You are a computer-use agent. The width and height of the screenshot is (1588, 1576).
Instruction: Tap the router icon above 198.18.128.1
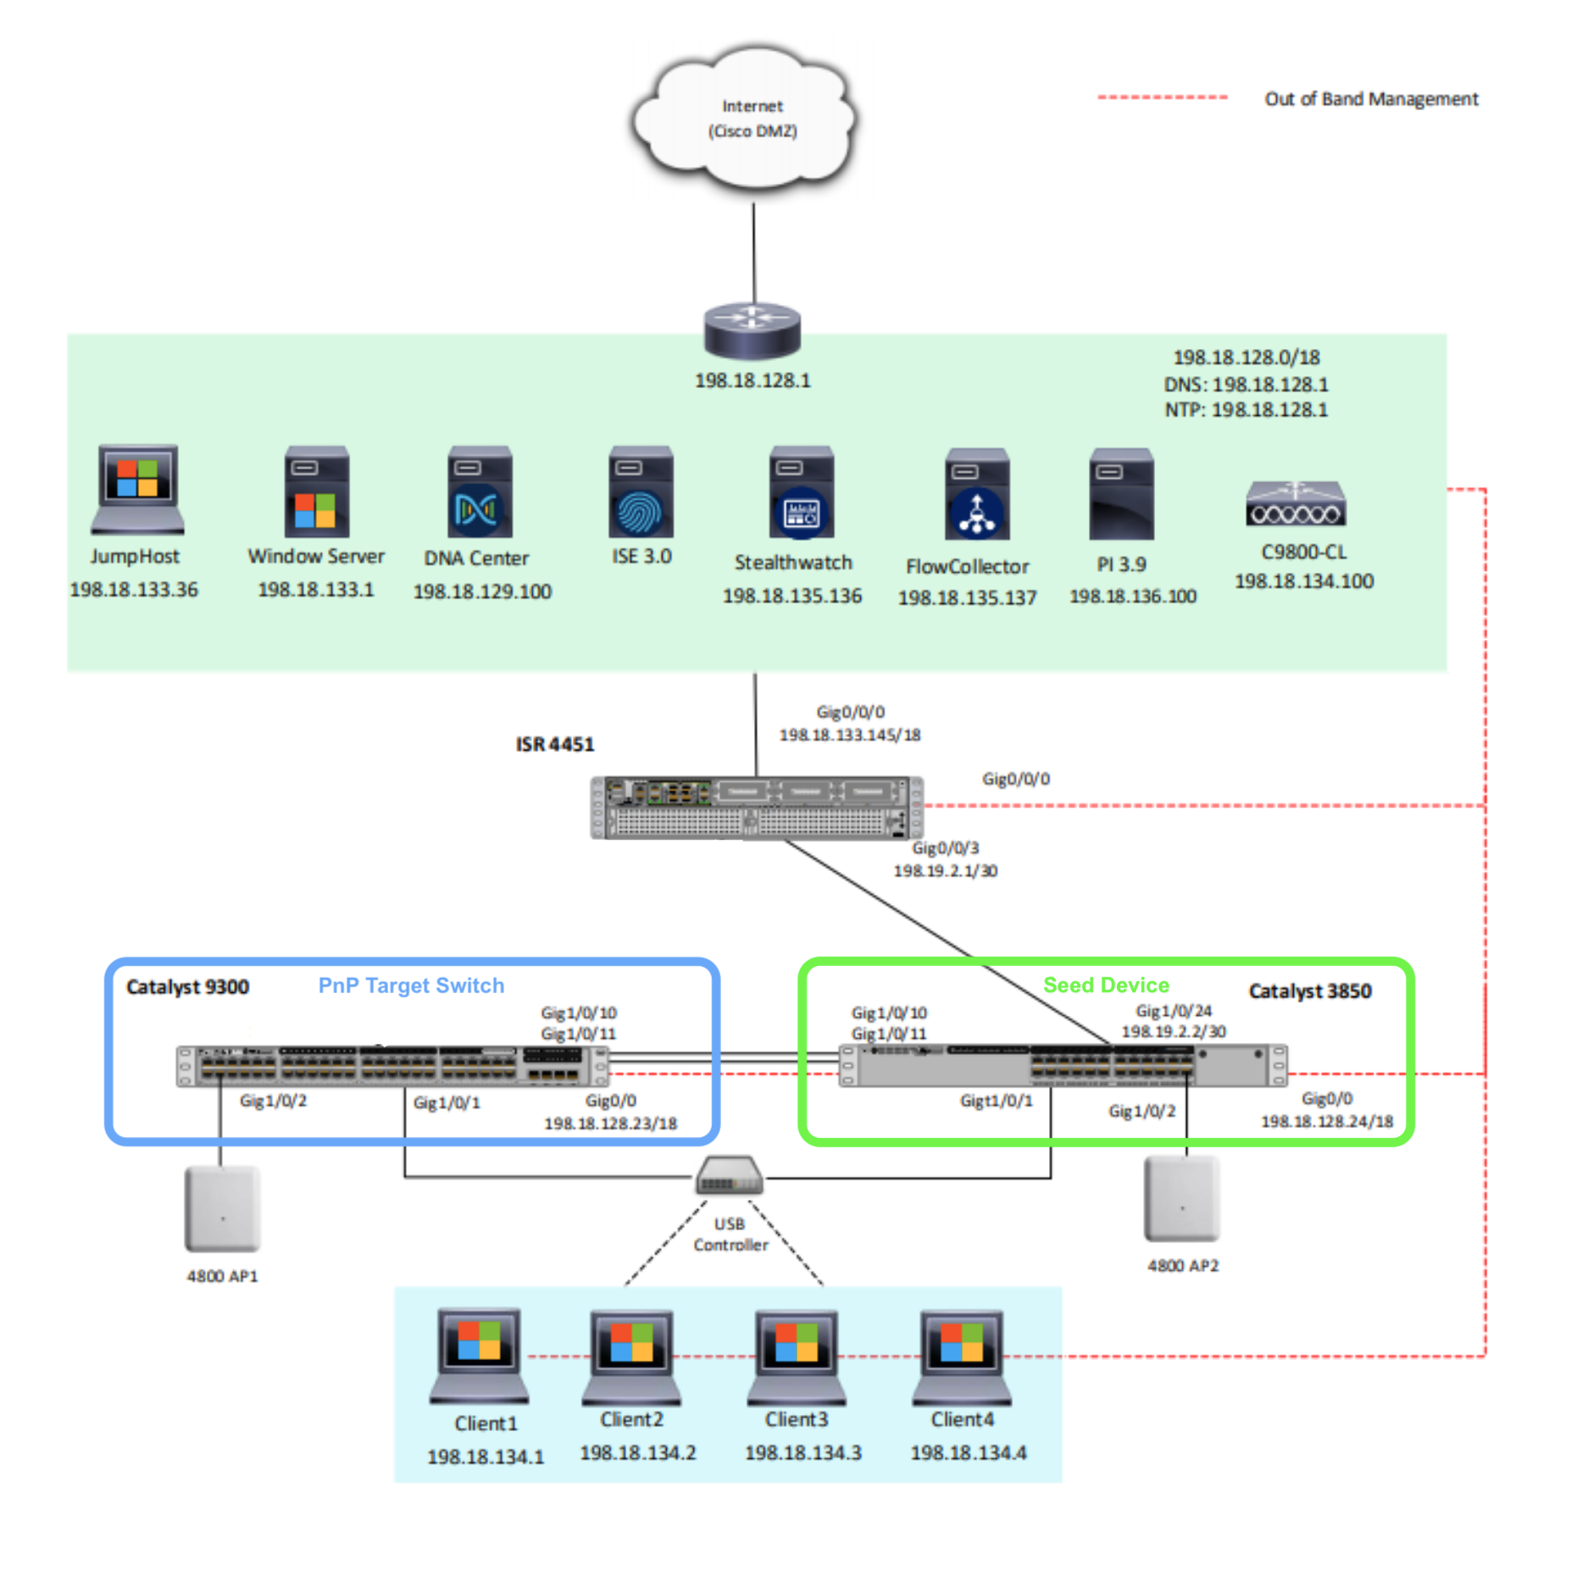point(752,330)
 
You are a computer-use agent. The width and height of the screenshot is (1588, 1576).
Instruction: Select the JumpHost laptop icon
point(137,489)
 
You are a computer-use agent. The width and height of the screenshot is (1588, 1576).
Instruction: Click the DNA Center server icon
point(480,492)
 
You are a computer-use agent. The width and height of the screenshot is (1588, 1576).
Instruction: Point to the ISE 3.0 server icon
point(641,492)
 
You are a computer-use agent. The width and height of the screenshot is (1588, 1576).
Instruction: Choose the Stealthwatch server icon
point(801,492)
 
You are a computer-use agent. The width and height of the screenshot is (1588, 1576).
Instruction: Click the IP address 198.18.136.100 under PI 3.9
point(1132,597)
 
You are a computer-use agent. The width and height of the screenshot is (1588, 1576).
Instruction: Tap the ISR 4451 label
point(555,745)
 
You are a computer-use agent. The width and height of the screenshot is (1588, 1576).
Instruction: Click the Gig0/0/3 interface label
point(945,848)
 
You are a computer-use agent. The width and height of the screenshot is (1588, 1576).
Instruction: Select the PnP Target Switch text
point(411,985)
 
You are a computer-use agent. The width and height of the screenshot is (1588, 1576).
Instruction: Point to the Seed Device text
point(1106,985)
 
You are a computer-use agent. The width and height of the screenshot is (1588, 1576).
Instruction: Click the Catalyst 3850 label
point(1309,991)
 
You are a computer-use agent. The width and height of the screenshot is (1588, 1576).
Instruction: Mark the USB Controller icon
point(729,1176)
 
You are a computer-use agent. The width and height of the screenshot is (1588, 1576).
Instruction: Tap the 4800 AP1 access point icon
point(222,1209)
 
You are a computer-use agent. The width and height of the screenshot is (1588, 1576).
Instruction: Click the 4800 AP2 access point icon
point(1181,1199)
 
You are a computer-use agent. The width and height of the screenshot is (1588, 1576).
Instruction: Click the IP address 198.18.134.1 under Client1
point(485,1457)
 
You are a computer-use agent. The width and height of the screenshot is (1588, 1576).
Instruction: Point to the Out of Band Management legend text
point(1370,99)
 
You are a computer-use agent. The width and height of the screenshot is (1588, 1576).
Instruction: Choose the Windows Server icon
point(316,492)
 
